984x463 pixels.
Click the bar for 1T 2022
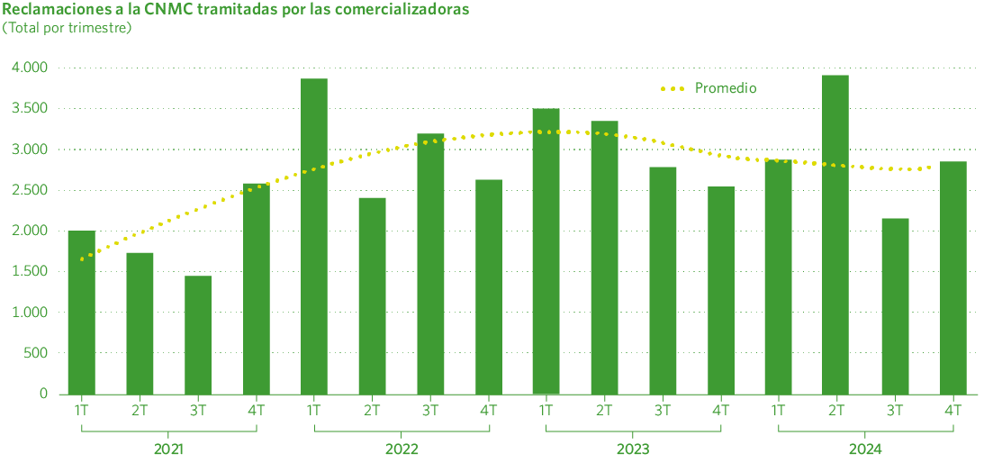tap(314, 236)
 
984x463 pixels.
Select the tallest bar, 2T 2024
tap(835, 234)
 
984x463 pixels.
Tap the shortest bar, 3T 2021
tap(198, 334)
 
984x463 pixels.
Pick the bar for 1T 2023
tap(546, 250)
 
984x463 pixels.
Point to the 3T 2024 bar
tap(894, 305)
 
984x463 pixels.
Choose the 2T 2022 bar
tap(372, 295)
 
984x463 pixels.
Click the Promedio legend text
tap(726, 88)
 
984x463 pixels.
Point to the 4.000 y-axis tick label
tap(30, 68)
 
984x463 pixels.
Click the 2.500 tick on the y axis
tap(30, 190)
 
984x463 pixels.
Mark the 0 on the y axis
tap(43, 394)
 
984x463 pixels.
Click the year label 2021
tap(168, 449)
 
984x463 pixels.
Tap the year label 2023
tap(633, 449)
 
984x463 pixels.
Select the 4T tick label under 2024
tap(952, 410)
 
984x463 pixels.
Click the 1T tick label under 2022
tap(314, 410)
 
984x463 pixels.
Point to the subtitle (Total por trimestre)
tap(67, 28)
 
